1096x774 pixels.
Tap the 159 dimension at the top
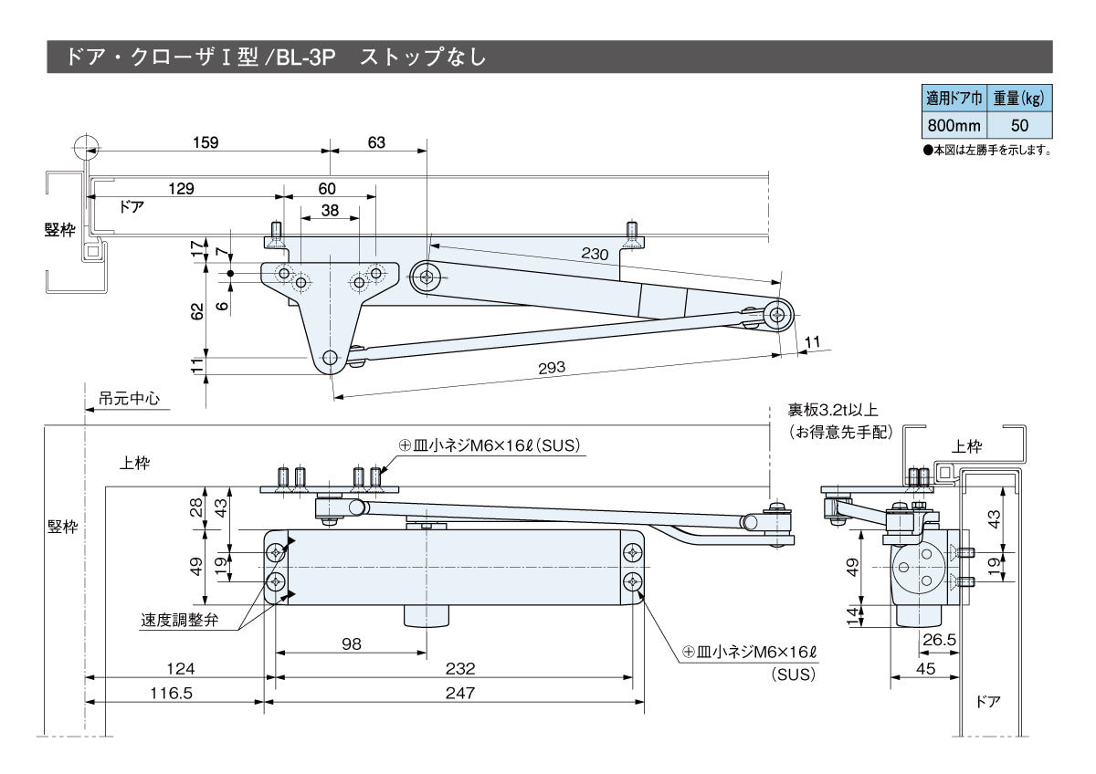[206, 142]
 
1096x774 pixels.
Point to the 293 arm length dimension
[552, 368]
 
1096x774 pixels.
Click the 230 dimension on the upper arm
[595, 255]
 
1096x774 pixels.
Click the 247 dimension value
[461, 693]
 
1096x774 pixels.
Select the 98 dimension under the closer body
[351, 643]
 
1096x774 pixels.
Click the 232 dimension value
[461, 669]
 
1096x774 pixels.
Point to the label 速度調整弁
[178, 619]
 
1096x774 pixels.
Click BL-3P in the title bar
[306, 57]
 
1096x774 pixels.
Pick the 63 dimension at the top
[376, 142]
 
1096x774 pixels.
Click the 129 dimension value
[182, 188]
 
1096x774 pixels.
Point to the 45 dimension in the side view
[925, 669]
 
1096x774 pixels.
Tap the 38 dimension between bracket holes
[330, 211]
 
